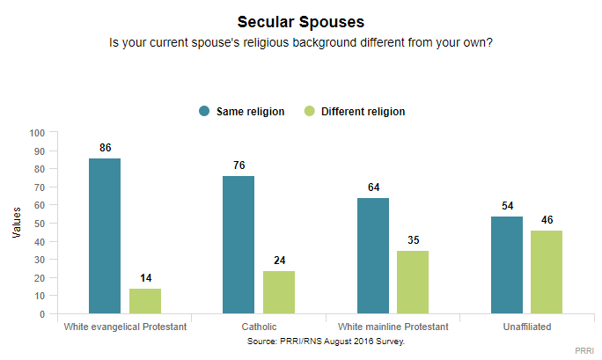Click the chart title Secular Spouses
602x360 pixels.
click(301, 21)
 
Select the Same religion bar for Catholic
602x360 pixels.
click(239, 245)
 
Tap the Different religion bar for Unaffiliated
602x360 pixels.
click(547, 272)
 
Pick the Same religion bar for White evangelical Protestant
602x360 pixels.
click(105, 236)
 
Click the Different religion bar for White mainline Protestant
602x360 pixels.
click(413, 282)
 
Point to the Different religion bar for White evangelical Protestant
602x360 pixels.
click(145, 301)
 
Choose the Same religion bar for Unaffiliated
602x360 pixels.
click(506, 265)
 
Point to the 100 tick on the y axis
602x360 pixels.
click(37, 133)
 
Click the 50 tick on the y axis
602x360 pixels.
click(40, 224)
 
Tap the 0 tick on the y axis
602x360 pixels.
click(42, 314)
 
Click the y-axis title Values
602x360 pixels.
click(17, 224)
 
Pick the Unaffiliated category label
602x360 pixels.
click(526, 327)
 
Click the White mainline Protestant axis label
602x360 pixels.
click(393, 327)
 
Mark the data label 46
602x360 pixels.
click(547, 221)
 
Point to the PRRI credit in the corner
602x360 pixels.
click(584, 350)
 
